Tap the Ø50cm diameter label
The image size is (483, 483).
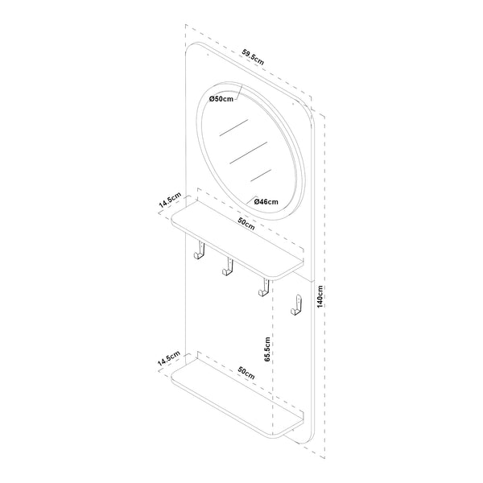(x=221, y=98)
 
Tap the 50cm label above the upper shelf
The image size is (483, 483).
(x=246, y=223)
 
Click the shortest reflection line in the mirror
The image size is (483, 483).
(x=262, y=173)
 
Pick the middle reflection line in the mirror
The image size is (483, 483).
(x=248, y=151)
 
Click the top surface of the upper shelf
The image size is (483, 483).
(x=242, y=237)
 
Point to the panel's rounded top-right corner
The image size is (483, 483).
(x=304, y=107)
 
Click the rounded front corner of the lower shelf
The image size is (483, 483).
(x=283, y=438)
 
